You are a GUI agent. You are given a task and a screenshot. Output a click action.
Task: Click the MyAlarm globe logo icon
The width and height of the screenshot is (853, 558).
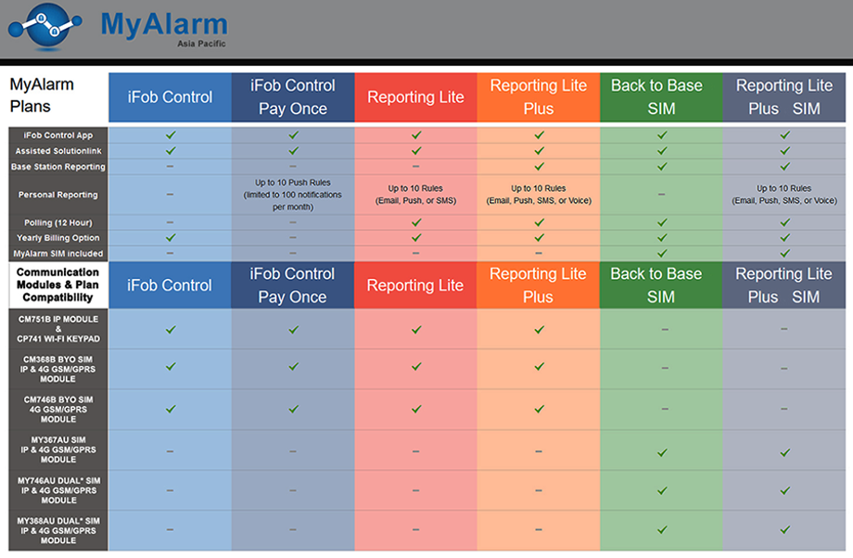45,27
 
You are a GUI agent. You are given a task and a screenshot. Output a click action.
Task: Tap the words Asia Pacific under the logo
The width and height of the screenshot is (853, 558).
201,44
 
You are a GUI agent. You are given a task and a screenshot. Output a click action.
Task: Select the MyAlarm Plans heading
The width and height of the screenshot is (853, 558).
42,95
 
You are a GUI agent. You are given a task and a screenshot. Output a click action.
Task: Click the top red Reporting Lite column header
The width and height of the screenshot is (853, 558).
415,97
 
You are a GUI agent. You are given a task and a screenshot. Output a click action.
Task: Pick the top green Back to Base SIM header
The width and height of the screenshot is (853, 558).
661,97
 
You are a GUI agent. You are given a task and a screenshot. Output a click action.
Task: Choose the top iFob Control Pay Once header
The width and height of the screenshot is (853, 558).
293,97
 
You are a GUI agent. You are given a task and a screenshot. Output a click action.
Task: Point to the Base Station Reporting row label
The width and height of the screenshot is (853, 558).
58,167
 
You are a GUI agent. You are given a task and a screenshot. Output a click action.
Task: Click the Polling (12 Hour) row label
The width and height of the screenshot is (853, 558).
58,222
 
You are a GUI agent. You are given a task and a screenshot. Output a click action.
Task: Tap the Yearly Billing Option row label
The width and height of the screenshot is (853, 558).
58,237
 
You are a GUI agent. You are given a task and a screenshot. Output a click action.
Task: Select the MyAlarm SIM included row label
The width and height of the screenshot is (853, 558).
58,253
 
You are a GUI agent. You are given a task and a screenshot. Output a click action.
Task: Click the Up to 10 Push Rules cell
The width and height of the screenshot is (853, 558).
293,195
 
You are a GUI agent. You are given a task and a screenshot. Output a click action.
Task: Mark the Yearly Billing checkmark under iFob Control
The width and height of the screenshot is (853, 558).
171,237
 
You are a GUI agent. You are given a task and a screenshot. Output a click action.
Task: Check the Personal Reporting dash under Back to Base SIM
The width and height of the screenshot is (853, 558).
661,194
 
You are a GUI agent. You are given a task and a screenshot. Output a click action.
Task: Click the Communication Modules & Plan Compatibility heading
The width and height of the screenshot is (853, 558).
57,285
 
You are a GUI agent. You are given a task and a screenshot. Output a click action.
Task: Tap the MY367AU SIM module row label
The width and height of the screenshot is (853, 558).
58,450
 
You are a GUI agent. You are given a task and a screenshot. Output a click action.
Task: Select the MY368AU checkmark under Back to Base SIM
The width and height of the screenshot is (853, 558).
662,529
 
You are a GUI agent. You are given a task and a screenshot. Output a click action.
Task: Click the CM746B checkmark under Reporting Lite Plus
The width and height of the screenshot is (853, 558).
539,409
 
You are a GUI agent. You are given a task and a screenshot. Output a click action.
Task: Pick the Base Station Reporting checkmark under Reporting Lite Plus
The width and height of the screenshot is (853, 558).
539,167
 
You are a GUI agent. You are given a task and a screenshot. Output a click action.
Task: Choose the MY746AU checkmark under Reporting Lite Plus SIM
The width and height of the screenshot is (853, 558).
784,490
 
